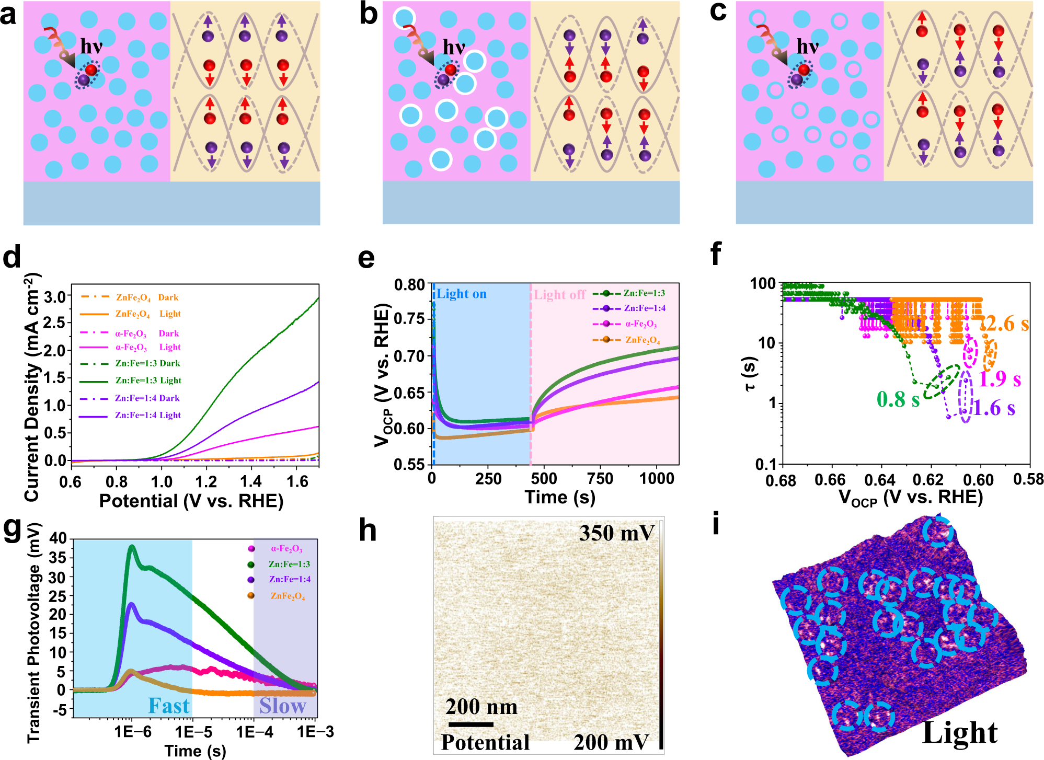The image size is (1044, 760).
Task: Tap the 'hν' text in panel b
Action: [453, 48]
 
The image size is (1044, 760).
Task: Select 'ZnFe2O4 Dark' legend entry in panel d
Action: [146, 297]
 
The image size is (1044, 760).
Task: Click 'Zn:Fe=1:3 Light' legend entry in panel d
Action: [148, 381]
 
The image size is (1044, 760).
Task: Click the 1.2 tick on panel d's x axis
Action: [206, 481]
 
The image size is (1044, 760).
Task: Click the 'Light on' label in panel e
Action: [462, 294]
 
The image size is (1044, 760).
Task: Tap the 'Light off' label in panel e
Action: [559, 295]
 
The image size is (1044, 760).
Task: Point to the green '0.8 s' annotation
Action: [898, 399]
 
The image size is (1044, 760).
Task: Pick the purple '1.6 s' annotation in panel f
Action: [994, 408]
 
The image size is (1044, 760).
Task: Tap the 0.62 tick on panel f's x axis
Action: [928, 479]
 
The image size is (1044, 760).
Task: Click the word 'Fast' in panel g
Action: [168, 706]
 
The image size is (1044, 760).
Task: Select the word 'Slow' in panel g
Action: [283, 706]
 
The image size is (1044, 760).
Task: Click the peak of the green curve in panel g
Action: [132, 547]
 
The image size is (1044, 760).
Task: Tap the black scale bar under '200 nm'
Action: [471, 724]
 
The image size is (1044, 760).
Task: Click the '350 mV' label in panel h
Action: [616, 533]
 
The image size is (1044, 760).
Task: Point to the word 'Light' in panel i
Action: [960, 732]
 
